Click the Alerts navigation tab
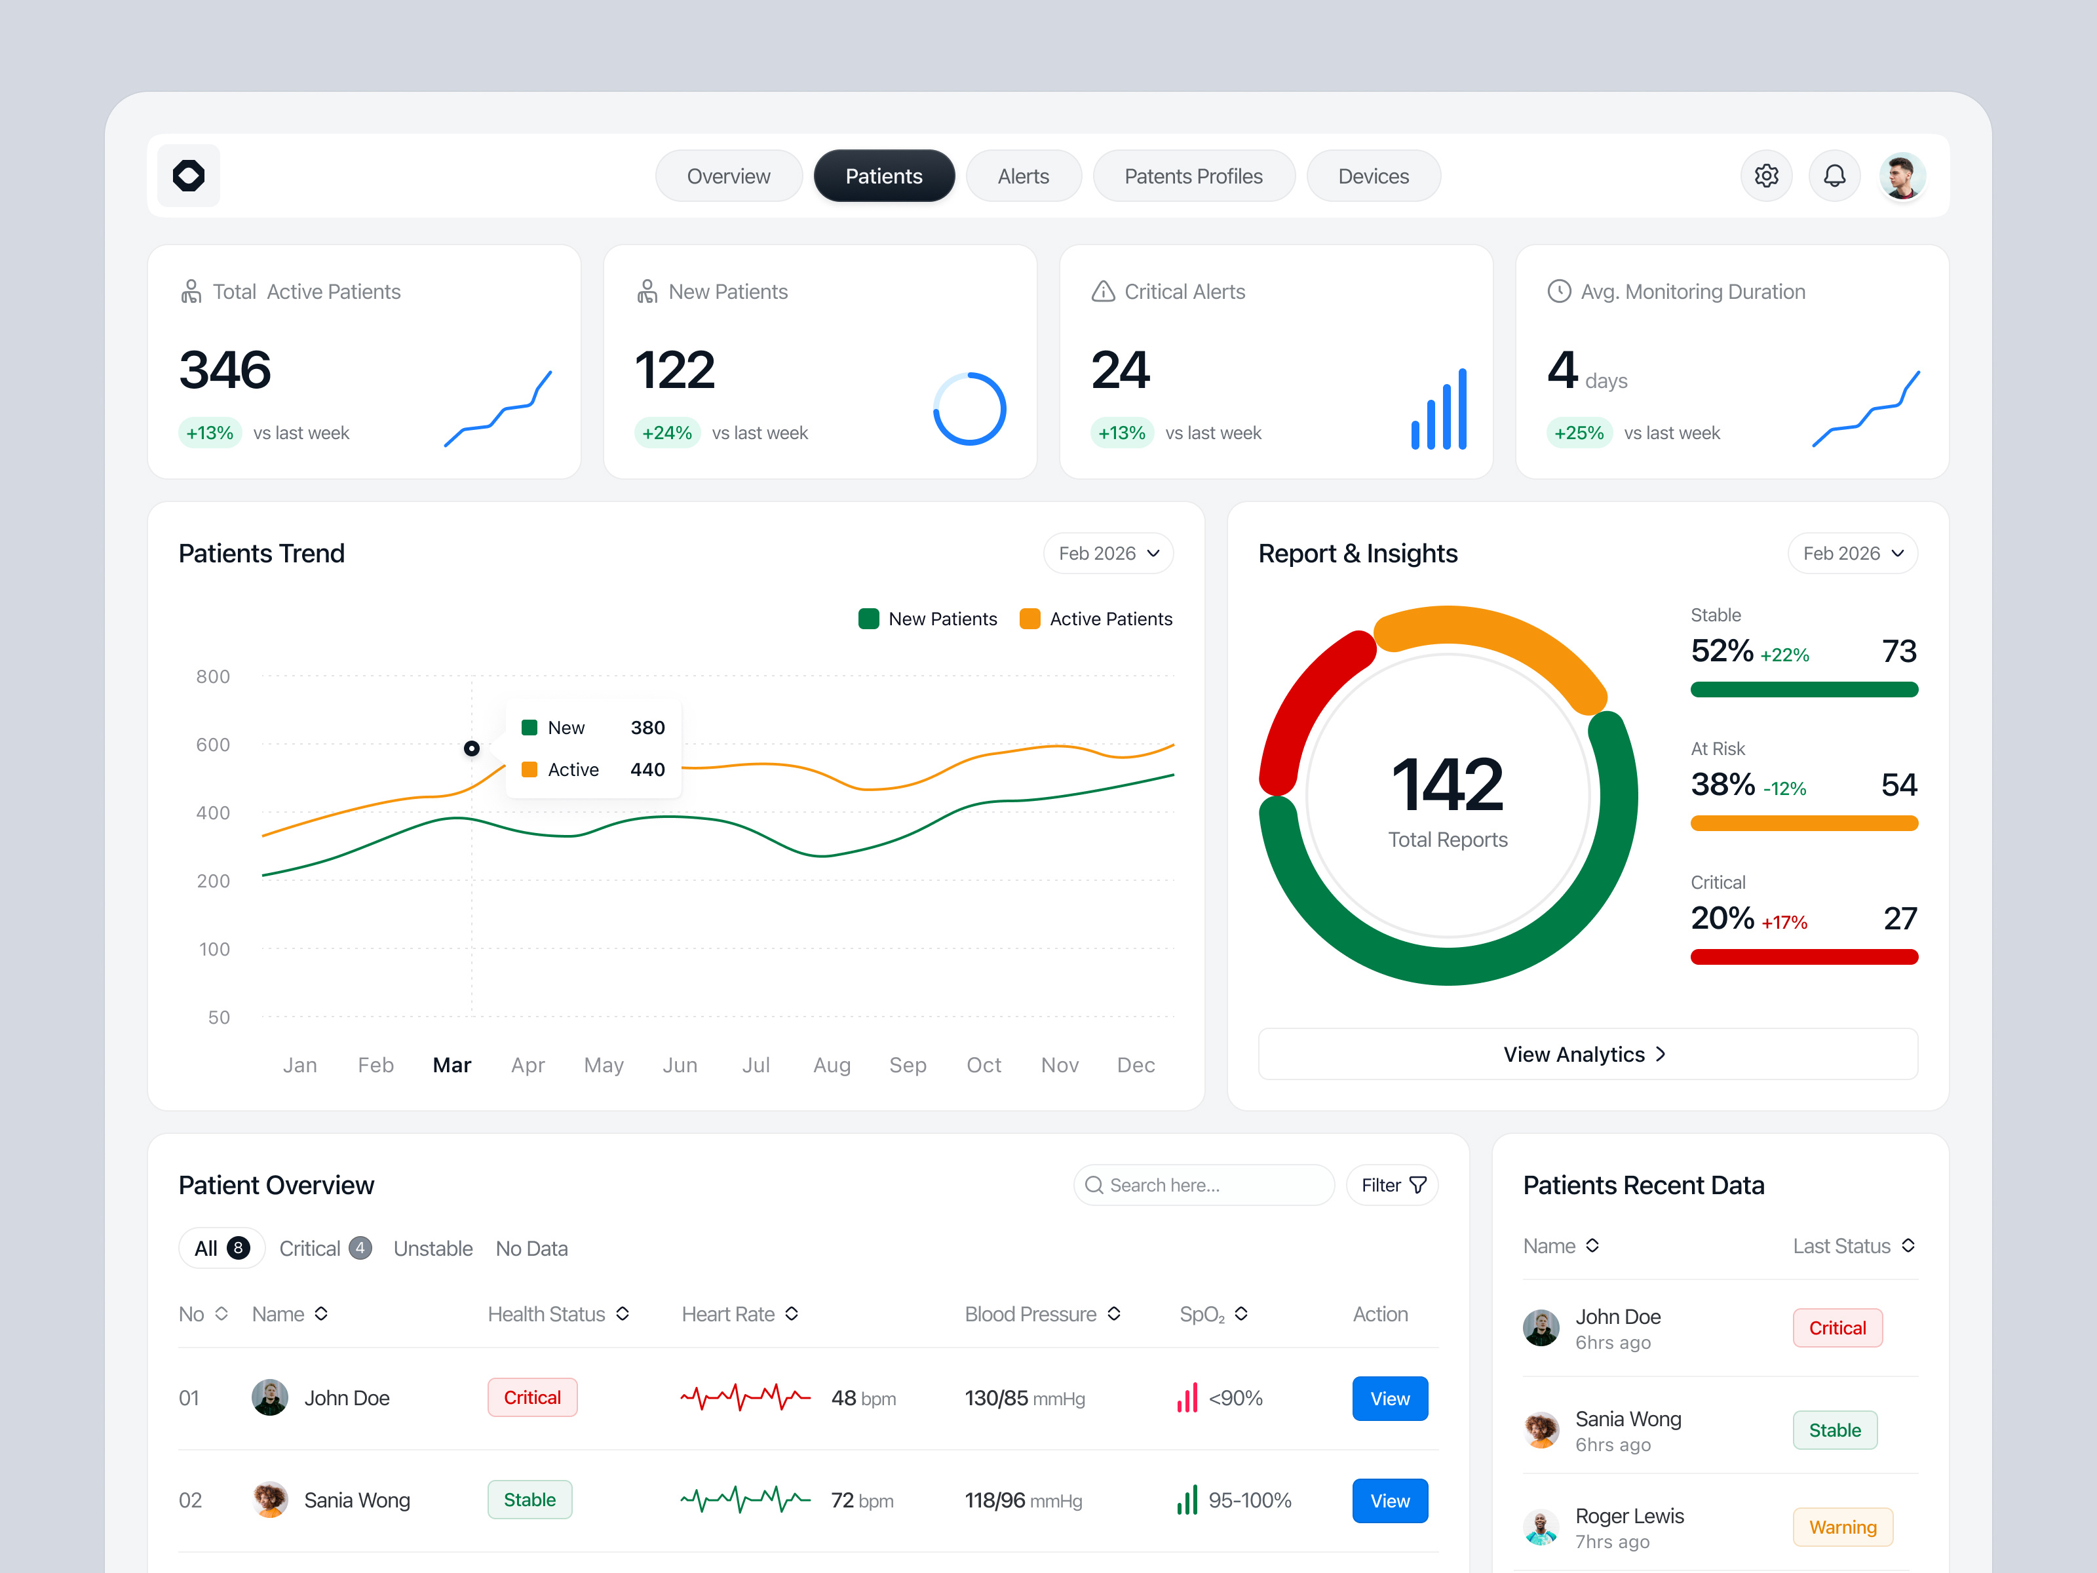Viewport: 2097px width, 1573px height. pos(1023,176)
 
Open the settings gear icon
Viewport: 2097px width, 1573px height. pos(1765,176)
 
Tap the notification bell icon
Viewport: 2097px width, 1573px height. pos(1834,176)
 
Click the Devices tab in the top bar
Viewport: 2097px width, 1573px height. pos(1373,176)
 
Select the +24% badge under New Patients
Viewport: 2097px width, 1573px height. pos(666,433)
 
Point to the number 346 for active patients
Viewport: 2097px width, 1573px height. pos(225,370)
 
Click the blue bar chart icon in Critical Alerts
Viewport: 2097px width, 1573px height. pos(1439,410)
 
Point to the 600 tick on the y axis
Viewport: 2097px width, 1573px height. pos(212,745)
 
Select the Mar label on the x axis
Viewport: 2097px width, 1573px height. pos(452,1065)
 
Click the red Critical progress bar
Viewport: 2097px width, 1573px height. pos(1803,958)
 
